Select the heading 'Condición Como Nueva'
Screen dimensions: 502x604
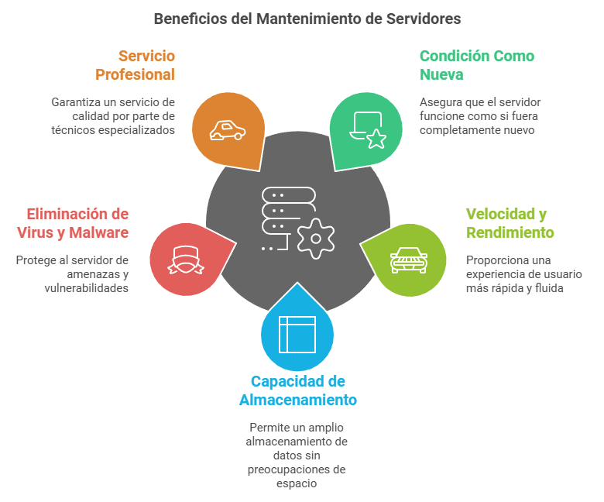click(476, 65)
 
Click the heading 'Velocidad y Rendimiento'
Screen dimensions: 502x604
click(510, 223)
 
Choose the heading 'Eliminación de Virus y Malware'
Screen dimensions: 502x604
click(73, 223)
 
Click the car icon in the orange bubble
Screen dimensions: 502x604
click(228, 131)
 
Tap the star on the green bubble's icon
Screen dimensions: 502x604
click(376, 139)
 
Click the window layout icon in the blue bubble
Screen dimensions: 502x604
click(297, 335)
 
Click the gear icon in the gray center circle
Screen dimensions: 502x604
click(314, 238)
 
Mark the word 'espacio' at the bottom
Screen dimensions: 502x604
click(297, 483)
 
